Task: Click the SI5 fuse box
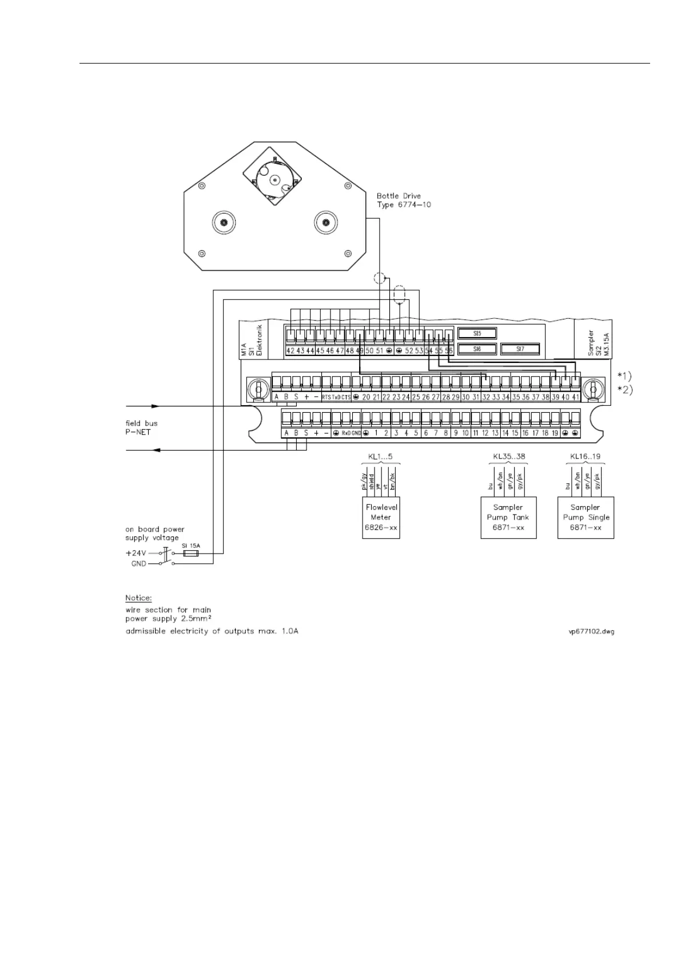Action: pos(477,333)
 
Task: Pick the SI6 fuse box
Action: pos(477,348)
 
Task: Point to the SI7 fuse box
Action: pos(520,348)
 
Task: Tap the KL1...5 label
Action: pos(380,457)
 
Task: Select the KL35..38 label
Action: pos(508,457)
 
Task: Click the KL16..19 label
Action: pos(585,457)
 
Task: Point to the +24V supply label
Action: pos(136,554)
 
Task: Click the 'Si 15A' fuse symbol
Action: pos(190,554)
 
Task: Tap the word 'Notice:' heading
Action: pos(138,598)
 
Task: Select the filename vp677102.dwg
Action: pos(588,631)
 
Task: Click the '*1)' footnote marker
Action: pos(624,376)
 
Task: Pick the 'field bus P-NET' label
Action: pos(141,428)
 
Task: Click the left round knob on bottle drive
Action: pos(224,221)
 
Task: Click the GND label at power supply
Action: pos(138,564)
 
